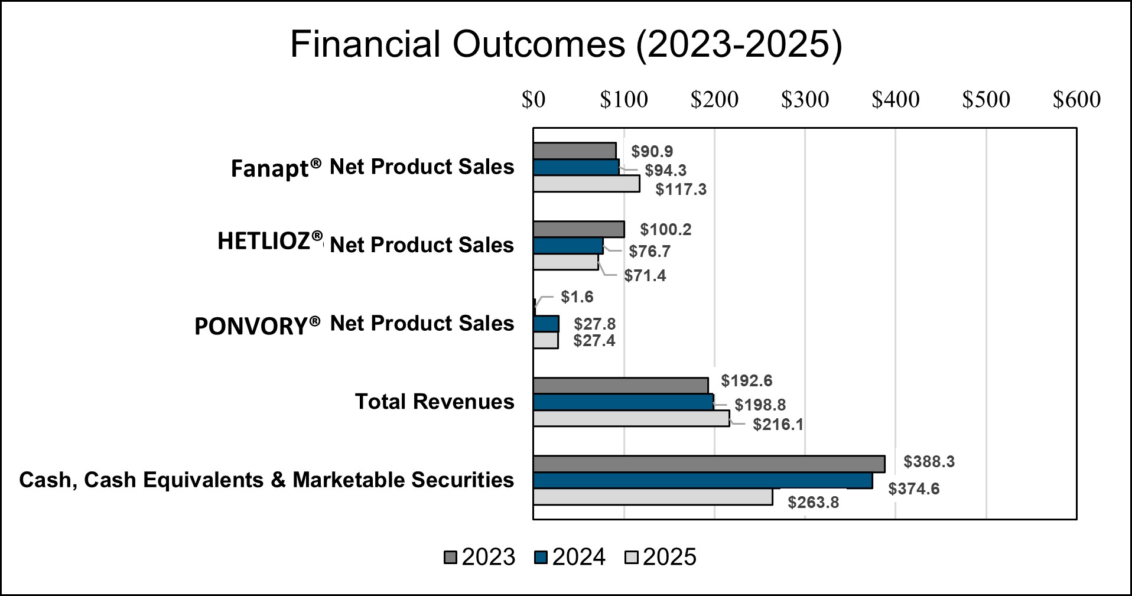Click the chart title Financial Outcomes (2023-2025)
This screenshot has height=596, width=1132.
coord(565,44)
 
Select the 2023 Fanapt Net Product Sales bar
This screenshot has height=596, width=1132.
coord(574,151)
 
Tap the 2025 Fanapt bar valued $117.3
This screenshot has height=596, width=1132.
coord(586,184)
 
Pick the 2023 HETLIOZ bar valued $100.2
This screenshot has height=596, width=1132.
coord(578,229)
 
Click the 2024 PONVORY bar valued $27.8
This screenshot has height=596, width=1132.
coord(546,324)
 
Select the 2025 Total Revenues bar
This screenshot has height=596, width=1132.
coord(631,418)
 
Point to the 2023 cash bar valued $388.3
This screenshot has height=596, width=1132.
coord(709,464)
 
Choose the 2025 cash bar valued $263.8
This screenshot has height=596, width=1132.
coord(652,497)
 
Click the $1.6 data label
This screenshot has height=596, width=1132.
coord(577,297)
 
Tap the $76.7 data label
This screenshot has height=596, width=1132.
coord(649,252)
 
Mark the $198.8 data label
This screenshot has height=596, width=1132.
coord(760,405)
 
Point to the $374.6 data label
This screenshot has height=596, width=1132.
coord(913,489)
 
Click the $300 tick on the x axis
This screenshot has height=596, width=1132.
coord(805,100)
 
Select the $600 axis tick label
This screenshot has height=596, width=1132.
coord(1076,100)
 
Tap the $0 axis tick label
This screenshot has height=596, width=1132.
coord(533,100)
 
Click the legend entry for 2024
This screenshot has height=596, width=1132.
coord(570,557)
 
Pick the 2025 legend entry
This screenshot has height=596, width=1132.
coord(661,557)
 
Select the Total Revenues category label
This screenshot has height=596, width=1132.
coord(434,402)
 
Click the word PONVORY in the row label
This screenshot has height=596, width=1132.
coord(251,326)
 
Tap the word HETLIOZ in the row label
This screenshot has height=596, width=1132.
coord(264,241)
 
